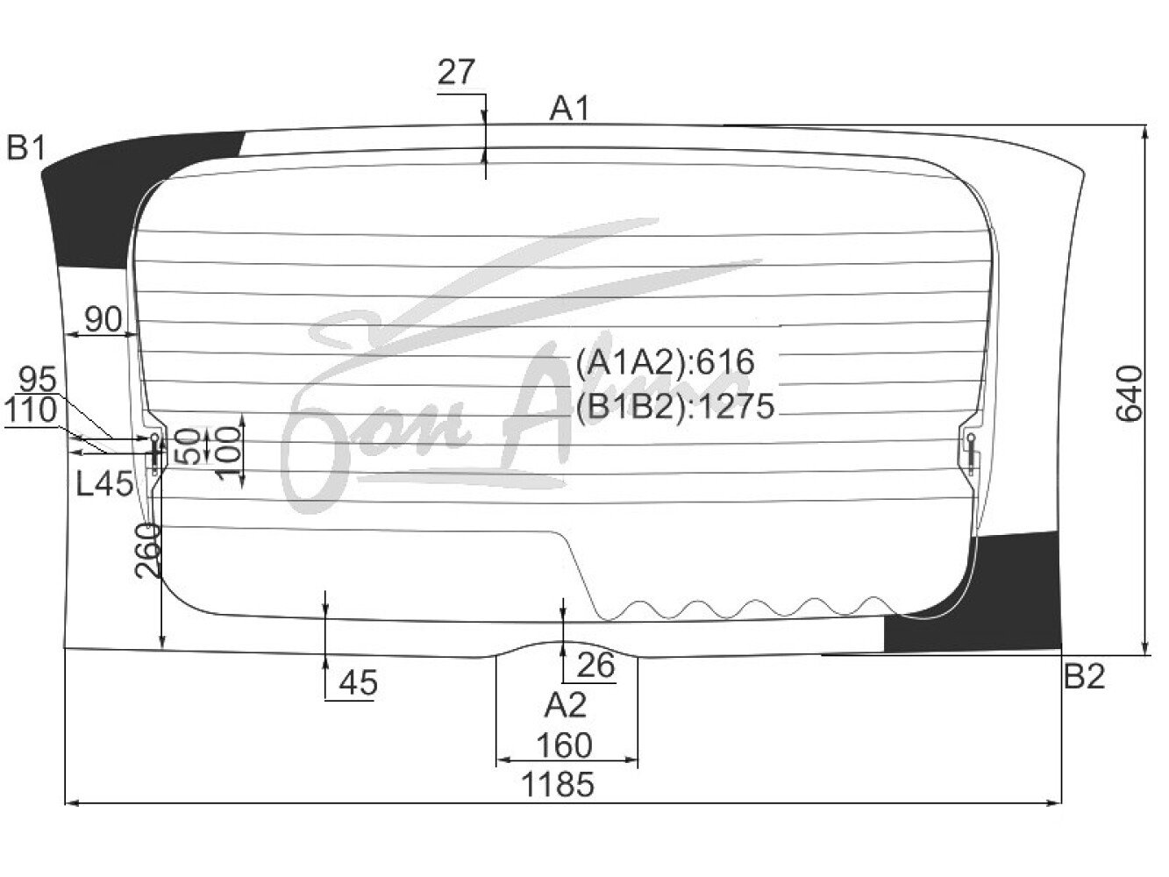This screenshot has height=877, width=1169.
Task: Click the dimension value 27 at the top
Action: pos(456,73)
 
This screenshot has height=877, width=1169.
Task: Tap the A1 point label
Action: pos(570,109)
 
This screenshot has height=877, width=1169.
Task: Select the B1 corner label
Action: pos(26,147)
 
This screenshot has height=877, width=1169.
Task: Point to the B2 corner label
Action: pos(1084,677)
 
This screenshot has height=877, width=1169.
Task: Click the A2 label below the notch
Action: pos(566,705)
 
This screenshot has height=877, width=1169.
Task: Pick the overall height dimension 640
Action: pos(1129,394)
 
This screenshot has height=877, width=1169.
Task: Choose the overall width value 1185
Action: pos(558,786)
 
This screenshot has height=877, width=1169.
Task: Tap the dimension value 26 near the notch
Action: pos(596,665)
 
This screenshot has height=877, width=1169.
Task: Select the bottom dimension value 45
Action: pos(359,682)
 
